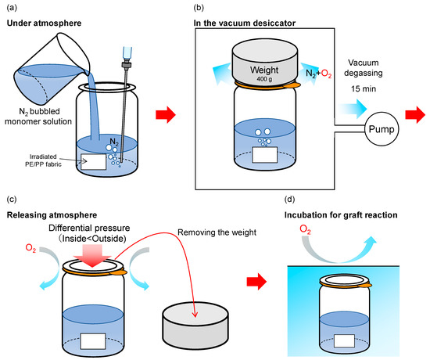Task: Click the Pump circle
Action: [x=382, y=129]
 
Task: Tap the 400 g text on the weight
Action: [x=264, y=79]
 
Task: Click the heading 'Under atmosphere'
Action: [x=44, y=23]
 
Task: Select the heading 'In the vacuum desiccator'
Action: [x=245, y=23]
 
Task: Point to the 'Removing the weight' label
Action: [x=217, y=232]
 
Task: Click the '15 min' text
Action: [x=364, y=88]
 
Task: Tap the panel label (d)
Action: [x=289, y=199]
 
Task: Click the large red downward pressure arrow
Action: [x=92, y=255]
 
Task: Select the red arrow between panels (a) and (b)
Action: [x=166, y=114]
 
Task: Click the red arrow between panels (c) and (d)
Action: [x=256, y=282]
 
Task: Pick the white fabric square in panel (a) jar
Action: [x=94, y=162]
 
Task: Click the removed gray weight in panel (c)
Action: [x=195, y=326]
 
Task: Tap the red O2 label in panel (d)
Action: [x=305, y=229]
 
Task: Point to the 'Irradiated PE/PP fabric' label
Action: [x=43, y=160]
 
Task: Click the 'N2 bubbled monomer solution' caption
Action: [x=38, y=117]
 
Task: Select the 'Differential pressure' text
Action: [x=89, y=228]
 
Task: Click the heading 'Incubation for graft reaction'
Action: [x=341, y=214]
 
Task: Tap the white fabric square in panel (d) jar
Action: [x=345, y=340]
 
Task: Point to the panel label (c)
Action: [x=12, y=199]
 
